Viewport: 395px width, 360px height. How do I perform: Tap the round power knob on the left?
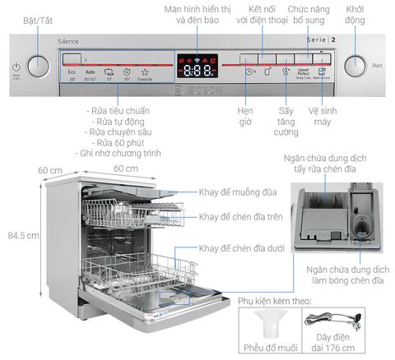point(38,66)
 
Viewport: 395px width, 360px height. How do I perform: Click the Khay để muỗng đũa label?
point(238,192)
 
